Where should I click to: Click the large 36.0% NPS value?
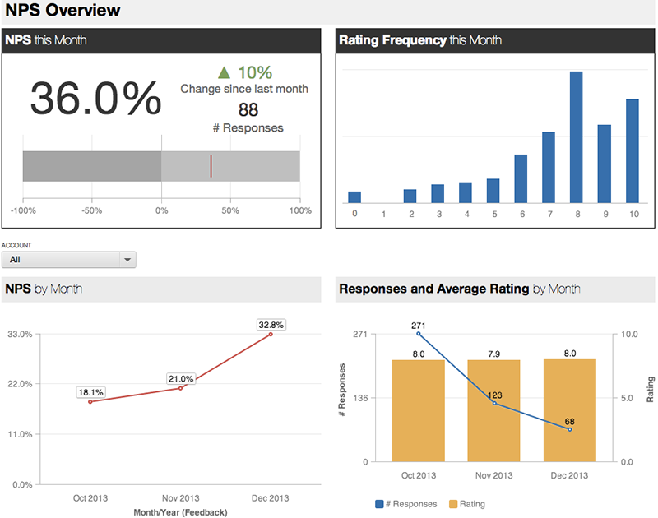95,99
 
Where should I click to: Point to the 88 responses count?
248,109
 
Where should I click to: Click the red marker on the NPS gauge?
211,166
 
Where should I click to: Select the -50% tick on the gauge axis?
91,211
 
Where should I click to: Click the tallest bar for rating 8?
577,136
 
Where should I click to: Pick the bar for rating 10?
633,150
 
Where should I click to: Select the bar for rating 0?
354,197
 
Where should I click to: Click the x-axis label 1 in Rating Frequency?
382,215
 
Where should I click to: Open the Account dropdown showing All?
69,260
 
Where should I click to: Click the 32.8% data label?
271,325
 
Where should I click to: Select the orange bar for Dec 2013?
569,410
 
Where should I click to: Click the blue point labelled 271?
419,334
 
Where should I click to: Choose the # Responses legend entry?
406,504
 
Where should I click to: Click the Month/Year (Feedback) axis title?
179,511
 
